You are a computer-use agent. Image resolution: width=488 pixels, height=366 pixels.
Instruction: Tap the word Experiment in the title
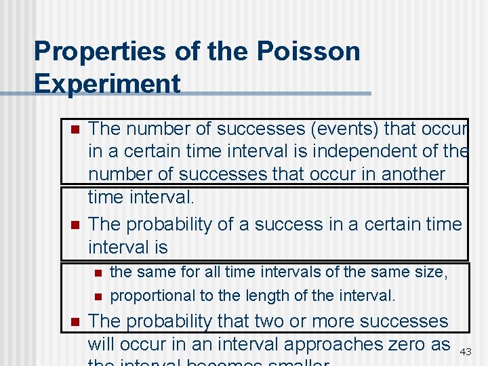pos(107,84)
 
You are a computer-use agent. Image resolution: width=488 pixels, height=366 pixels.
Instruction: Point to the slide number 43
pos(466,352)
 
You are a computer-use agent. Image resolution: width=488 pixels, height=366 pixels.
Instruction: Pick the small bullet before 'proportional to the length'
pos(98,296)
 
